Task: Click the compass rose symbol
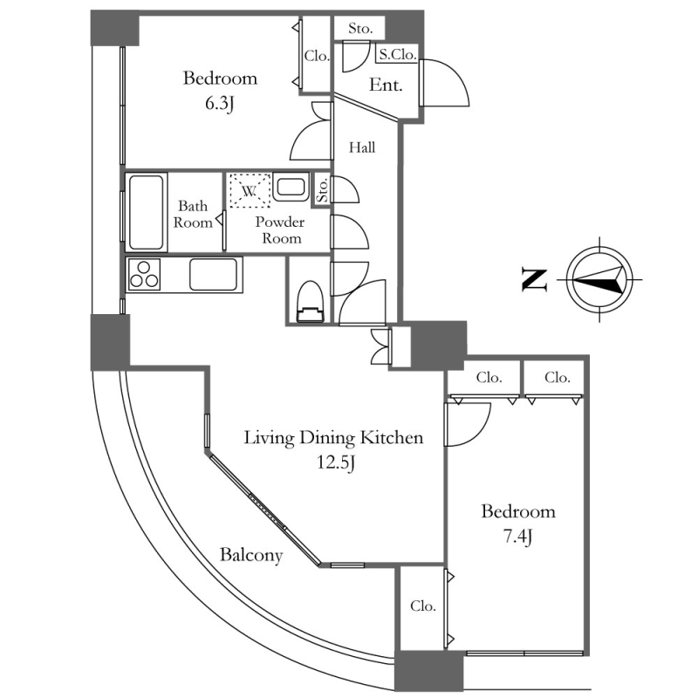point(599,280)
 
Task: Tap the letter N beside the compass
point(534,279)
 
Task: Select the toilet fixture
point(310,305)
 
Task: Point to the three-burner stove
point(145,275)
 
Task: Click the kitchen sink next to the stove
point(213,275)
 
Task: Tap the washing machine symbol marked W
point(249,189)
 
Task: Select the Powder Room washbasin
point(291,187)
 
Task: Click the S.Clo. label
point(397,54)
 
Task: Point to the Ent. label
point(385,86)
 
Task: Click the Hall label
point(362,147)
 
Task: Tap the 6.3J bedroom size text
point(220,105)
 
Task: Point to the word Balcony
point(250,555)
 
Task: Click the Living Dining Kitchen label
point(333,438)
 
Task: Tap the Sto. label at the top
point(360,28)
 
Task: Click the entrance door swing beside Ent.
point(445,86)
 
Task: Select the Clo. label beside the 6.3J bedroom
point(317,56)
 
